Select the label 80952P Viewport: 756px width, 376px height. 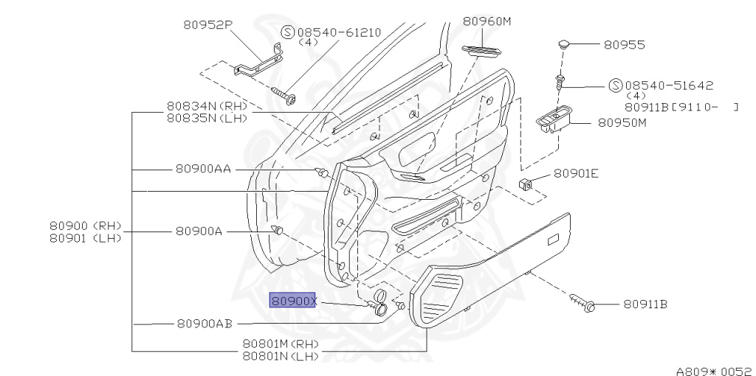(x=208, y=24)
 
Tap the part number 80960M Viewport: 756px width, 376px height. (x=487, y=21)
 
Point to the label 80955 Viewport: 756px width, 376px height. (x=624, y=45)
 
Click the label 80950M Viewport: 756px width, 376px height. (x=622, y=122)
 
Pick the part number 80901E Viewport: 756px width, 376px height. (x=576, y=174)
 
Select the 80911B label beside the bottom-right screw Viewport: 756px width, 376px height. (x=645, y=304)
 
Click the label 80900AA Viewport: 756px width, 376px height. (x=203, y=168)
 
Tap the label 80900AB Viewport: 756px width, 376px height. (x=205, y=324)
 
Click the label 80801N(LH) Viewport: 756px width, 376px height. (x=281, y=356)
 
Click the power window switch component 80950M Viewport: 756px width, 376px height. (x=554, y=120)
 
